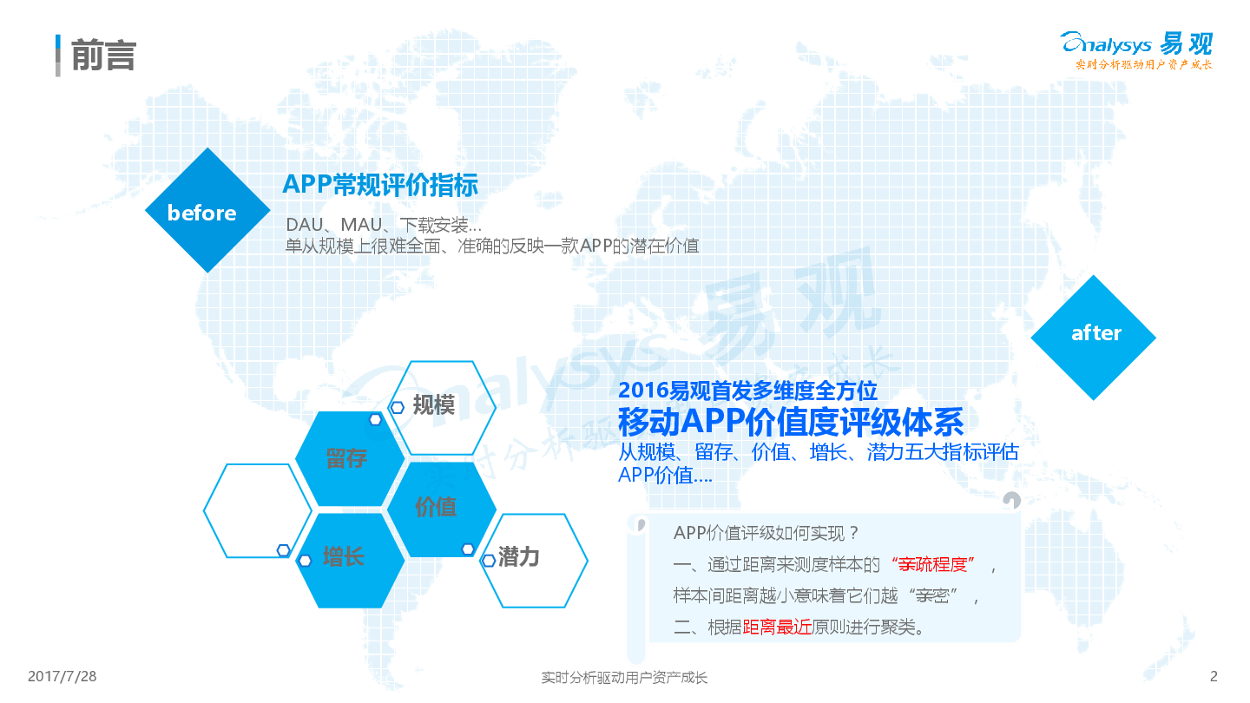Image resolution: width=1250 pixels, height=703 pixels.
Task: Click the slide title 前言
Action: pyautogui.click(x=104, y=56)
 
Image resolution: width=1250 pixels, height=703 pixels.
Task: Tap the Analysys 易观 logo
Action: pyautogui.click(x=1137, y=50)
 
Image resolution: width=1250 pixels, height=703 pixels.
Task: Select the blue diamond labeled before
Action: pyautogui.click(x=207, y=210)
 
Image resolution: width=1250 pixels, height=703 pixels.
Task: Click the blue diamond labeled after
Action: pyautogui.click(x=1094, y=338)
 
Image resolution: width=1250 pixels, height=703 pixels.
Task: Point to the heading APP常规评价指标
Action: pyautogui.click(x=380, y=185)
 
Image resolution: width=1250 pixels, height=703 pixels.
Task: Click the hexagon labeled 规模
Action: pyautogui.click(x=441, y=408)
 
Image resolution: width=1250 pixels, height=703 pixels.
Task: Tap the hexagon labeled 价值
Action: pyautogui.click(x=441, y=509)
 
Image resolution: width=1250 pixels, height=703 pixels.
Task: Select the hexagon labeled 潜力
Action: pyautogui.click(x=534, y=560)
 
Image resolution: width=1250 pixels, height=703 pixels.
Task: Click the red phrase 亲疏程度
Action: pyautogui.click(x=932, y=564)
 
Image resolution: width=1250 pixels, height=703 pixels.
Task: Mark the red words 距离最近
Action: pyautogui.click(x=777, y=627)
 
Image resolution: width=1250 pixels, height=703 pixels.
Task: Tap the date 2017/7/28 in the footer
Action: pyautogui.click(x=62, y=676)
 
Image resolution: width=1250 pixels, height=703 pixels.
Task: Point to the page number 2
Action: pyautogui.click(x=1214, y=676)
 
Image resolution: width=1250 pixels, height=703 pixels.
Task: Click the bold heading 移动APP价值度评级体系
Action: pyautogui.click(x=791, y=422)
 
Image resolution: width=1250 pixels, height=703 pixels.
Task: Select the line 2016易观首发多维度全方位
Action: pyautogui.click(x=747, y=390)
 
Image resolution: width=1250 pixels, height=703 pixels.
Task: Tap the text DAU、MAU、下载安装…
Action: pyautogui.click(x=384, y=225)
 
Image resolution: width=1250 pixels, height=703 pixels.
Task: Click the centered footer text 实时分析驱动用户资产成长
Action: pyautogui.click(x=624, y=677)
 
